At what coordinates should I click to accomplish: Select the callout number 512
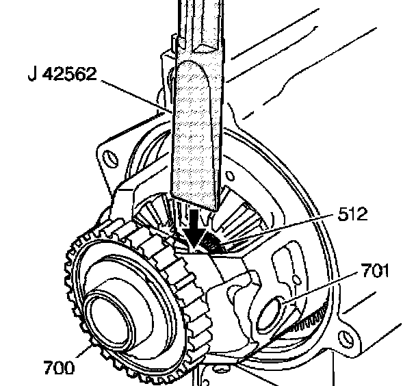(352, 216)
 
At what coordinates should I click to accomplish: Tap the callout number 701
(374, 271)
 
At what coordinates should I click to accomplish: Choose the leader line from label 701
(322, 287)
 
